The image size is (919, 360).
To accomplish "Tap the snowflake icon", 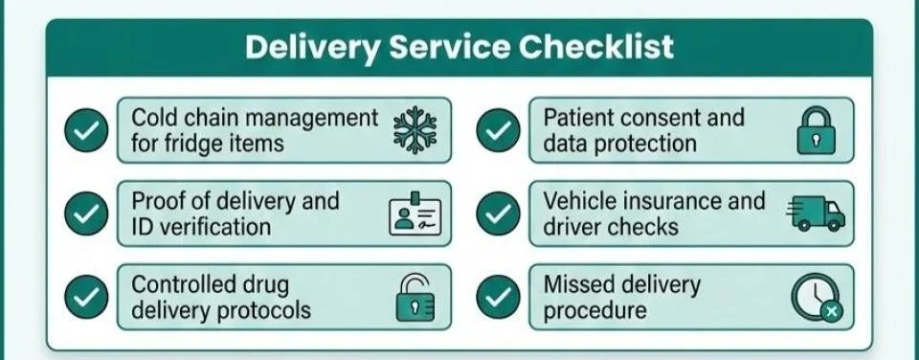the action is point(415,131).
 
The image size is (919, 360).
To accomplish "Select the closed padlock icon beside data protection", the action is point(817,132).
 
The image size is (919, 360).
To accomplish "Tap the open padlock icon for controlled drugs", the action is point(415,298).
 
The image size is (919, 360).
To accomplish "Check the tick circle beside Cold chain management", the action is point(86,131).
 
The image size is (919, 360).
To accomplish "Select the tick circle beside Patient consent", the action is point(498,131).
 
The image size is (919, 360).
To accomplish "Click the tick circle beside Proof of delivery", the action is point(86,214).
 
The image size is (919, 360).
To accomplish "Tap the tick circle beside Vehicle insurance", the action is point(498,214).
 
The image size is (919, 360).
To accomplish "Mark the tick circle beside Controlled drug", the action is point(86,298).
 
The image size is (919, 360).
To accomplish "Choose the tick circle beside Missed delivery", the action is point(498,298).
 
